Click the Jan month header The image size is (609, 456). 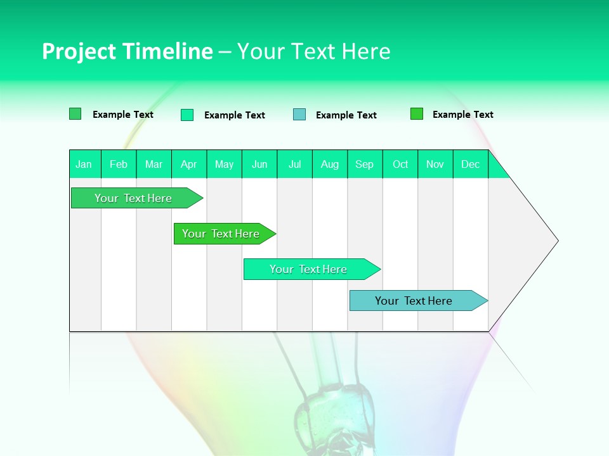point(84,165)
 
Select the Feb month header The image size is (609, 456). point(119,165)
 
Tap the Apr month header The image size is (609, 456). point(189,165)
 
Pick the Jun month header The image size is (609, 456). point(259,165)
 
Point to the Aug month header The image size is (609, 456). point(330,165)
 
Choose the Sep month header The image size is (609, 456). point(365,165)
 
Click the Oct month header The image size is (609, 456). point(400,165)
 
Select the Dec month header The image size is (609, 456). point(471,165)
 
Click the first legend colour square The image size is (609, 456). point(75,114)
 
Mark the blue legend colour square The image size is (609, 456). point(299,115)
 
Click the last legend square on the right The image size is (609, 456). point(417,114)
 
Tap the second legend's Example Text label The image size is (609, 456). point(235,115)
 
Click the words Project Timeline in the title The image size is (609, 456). point(127,51)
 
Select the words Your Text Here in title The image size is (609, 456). point(313,51)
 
